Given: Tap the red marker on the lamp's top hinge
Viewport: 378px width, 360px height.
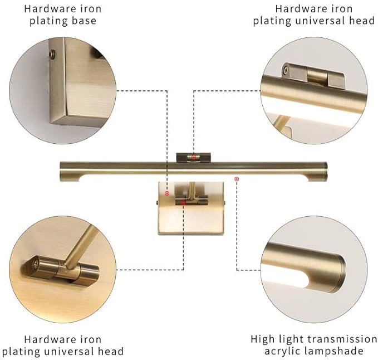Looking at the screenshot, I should pyautogui.click(x=193, y=158).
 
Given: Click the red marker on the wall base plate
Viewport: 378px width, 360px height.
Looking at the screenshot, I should pyautogui.click(x=166, y=193).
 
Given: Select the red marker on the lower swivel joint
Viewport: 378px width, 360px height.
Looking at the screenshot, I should pyautogui.click(x=183, y=203).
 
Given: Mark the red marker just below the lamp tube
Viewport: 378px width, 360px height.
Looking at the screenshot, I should pyautogui.click(x=237, y=179).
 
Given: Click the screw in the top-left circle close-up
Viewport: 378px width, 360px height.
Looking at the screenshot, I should pyautogui.click(x=52, y=54).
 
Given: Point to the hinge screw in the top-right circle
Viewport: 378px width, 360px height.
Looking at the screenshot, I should pyautogui.click(x=286, y=70).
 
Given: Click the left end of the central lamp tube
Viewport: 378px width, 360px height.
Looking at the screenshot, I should pyautogui.click(x=65, y=171).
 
